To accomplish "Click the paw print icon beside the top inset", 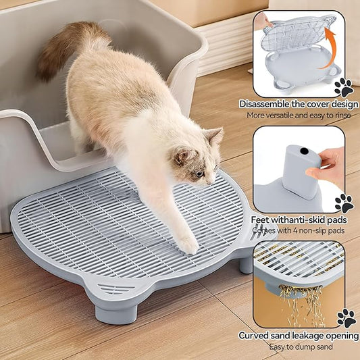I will coord(343,86).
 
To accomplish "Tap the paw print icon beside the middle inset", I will coord(344,203).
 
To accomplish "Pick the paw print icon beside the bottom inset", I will coord(345,318).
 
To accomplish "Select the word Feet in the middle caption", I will coord(263,220).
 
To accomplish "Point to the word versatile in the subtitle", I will coord(283,115).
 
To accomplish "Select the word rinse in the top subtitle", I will coord(338,115).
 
